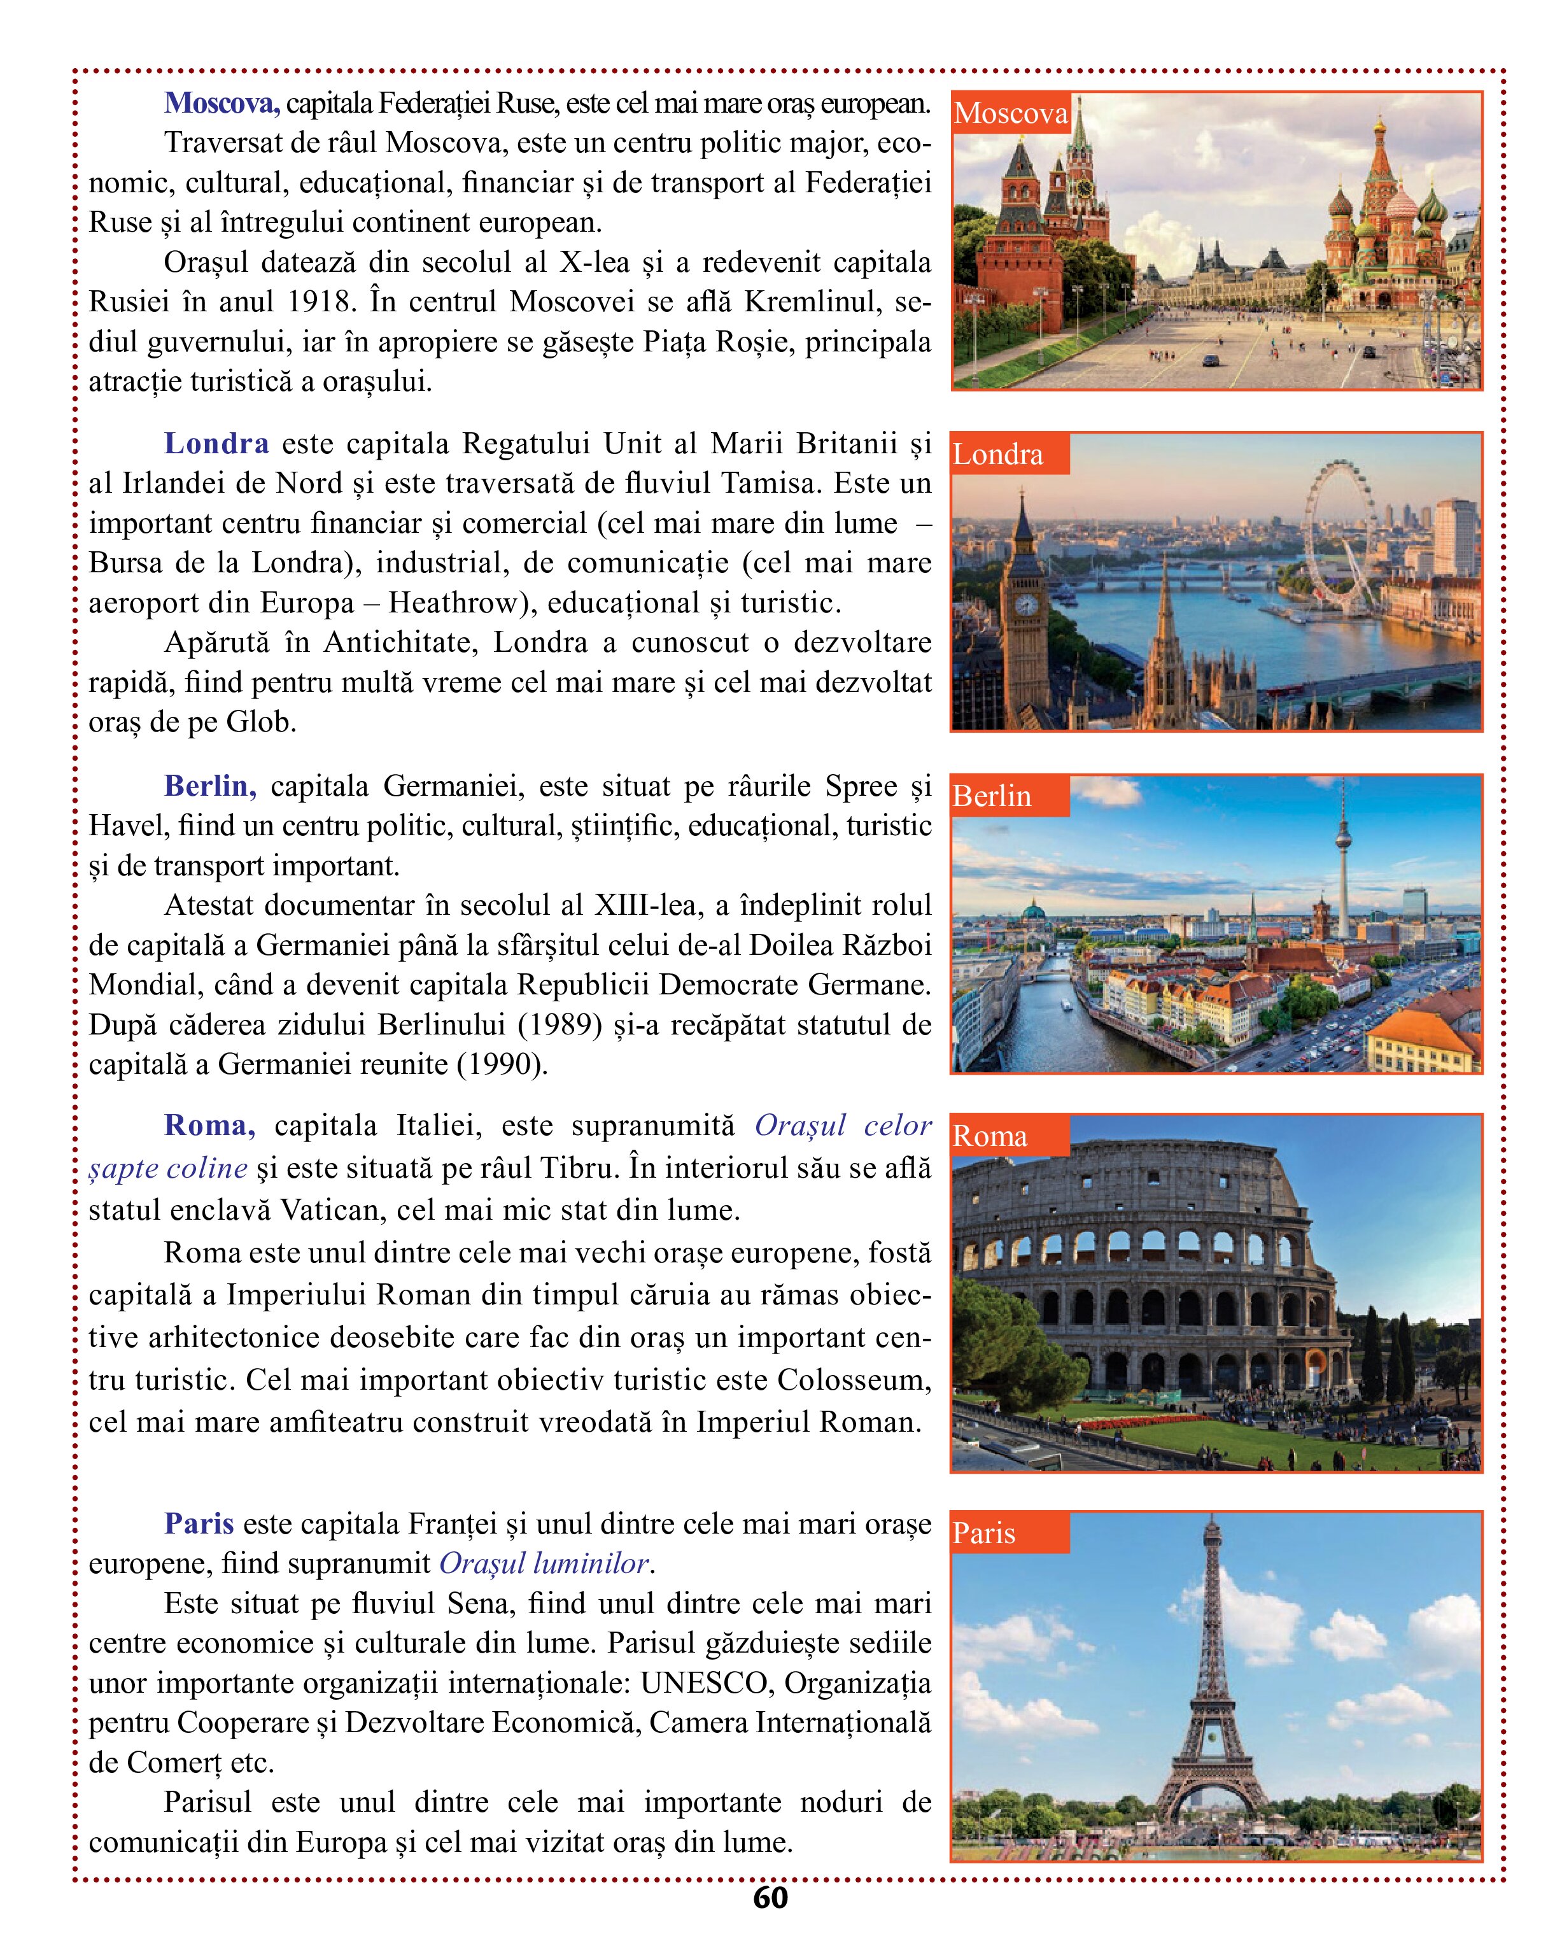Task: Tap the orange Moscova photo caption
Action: (1011, 114)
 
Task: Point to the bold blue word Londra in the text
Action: (216, 444)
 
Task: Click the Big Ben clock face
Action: (1026, 605)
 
